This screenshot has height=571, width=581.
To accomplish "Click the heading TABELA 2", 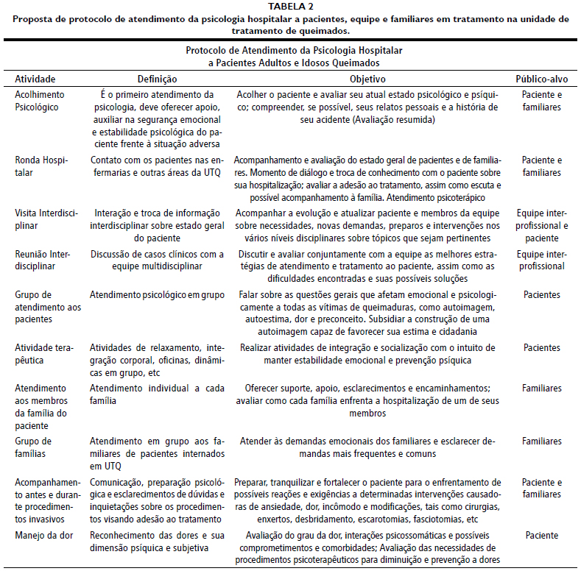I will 290,7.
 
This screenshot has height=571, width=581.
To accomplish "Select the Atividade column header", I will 35,79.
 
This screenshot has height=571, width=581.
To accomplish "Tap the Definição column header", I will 158,79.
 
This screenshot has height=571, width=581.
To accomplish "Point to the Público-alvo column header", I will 541,79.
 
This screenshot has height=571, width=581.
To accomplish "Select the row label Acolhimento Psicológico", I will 40,101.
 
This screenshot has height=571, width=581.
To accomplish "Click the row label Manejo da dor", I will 44,535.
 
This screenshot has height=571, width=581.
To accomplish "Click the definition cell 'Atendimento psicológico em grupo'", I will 157,294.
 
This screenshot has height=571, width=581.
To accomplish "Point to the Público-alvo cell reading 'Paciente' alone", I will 541,535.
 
